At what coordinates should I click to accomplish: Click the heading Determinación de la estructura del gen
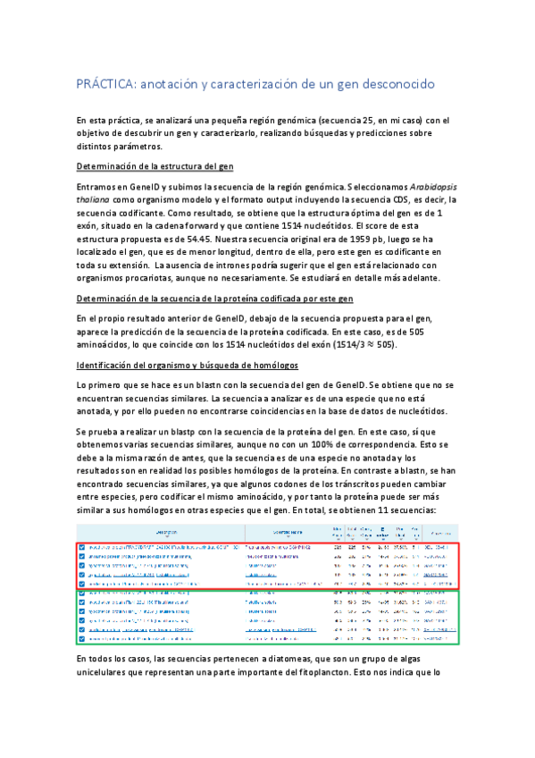coord(155,166)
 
